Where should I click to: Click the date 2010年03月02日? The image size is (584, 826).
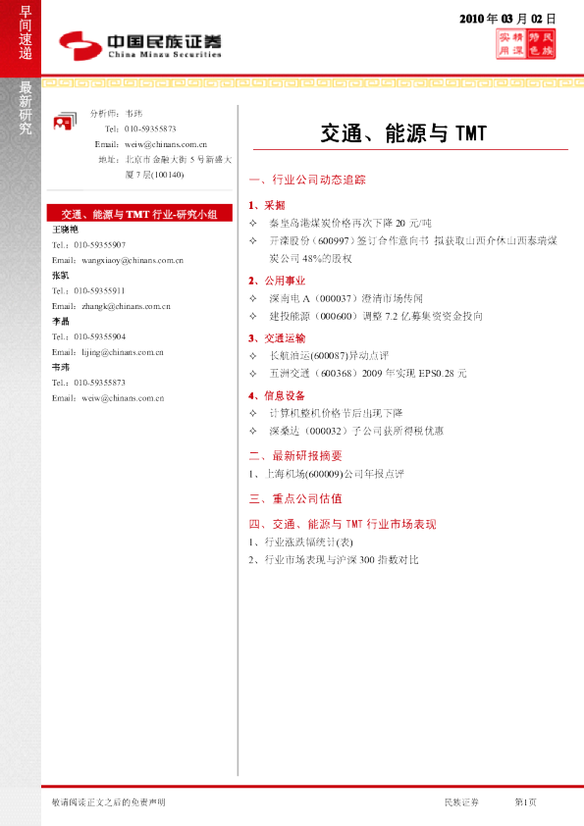tap(507, 19)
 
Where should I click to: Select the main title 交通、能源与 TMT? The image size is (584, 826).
tap(403, 132)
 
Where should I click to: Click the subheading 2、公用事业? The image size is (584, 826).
tap(278, 281)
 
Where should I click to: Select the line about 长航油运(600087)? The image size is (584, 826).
tap(325, 355)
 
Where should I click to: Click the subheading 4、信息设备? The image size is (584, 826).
tap(278, 395)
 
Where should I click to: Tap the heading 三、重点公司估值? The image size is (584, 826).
tap(295, 498)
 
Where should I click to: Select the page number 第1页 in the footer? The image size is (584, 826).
tap(526, 802)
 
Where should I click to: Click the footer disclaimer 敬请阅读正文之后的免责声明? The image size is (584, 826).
tap(108, 802)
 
